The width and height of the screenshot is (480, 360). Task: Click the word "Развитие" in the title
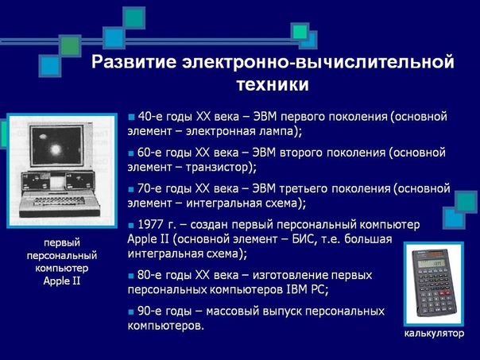[x=134, y=62]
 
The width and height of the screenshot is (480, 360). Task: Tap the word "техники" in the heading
[x=273, y=84]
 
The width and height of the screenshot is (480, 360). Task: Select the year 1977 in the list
[x=150, y=225]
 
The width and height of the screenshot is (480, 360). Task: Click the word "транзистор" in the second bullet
[x=218, y=168]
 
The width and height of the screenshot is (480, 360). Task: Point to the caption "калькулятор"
[x=434, y=333]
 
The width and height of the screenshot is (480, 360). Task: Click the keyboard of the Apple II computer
[x=59, y=201]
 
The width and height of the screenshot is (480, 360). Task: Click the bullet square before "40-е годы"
[x=131, y=117]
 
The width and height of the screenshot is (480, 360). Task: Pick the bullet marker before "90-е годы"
[x=131, y=312]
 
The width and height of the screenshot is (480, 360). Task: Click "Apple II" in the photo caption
[x=61, y=281]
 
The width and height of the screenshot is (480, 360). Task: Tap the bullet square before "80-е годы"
[x=131, y=276]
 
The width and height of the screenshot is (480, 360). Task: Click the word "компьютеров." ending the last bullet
[x=165, y=326]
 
